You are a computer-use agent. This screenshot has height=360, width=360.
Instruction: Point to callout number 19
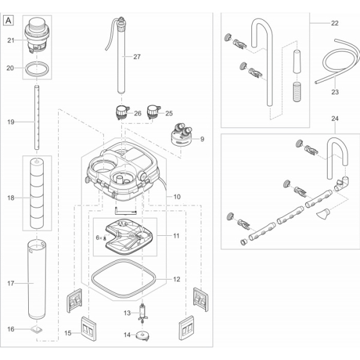pos(11,122)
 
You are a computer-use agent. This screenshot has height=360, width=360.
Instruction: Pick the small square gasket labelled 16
pos(37,329)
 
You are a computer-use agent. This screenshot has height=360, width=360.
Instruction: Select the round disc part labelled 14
pos(144,335)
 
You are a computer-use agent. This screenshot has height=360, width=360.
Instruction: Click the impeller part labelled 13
pos(143,313)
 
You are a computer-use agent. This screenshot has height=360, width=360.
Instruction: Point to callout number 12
pos(176,279)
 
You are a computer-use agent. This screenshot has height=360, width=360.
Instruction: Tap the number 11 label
pos(176,236)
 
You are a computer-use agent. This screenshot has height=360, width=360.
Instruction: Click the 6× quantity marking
pos(99,238)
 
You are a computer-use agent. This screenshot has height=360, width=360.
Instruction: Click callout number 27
pos(137,57)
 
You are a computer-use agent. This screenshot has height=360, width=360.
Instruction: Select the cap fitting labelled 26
pos(122,112)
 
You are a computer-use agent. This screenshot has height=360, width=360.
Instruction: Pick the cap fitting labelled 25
pos(155,112)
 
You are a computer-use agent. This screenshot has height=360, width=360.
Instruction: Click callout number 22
pos(334,23)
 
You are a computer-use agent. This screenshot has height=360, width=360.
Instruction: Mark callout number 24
pos(334,119)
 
